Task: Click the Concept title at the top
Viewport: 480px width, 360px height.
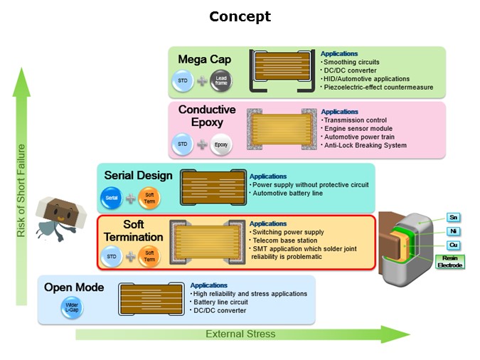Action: [240, 16]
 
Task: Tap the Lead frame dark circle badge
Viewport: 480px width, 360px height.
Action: [221, 81]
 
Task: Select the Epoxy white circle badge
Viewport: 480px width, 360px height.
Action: [221, 144]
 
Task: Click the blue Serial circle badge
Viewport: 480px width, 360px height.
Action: [112, 198]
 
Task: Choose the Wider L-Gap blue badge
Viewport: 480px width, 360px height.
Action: [72, 307]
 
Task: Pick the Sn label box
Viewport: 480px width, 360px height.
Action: [453, 218]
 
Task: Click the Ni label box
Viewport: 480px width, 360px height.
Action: [453, 231]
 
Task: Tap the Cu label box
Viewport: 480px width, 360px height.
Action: [453, 245]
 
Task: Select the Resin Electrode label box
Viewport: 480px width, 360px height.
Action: [449, 262]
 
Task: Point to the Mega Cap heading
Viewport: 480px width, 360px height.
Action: [205, 60]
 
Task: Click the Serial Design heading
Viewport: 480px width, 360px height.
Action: [139, 176]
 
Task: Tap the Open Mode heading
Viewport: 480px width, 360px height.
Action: [74, 287]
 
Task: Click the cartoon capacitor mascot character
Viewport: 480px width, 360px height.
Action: [60, 218]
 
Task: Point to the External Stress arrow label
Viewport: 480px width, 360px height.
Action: [240, 334]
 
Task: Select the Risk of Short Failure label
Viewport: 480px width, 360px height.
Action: [21, 191]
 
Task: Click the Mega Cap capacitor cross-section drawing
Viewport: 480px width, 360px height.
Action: [282, 70]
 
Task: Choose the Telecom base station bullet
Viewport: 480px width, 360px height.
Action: [284, 240]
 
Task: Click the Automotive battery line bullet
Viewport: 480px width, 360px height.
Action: [287, 194]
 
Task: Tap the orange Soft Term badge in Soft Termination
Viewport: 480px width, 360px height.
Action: [149, 256]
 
